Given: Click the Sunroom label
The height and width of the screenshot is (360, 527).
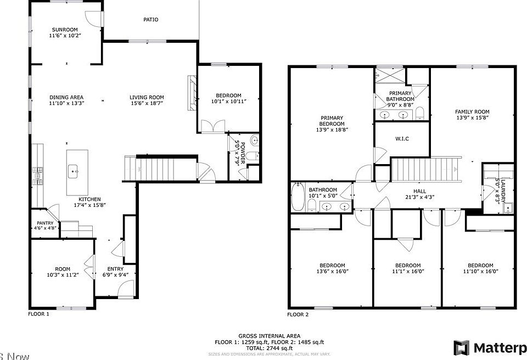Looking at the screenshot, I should [x=65, y=30].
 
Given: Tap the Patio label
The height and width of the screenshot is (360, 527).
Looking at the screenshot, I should [x=151, y=20].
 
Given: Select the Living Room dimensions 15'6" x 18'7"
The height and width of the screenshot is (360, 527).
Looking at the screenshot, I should [x=147, y=103].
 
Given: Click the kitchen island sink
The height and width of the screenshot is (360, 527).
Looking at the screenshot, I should [x=74, y=171].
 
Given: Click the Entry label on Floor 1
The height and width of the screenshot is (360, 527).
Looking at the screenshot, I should [x=115, y=269].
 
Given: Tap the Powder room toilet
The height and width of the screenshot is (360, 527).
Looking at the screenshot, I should [x=254, y=142].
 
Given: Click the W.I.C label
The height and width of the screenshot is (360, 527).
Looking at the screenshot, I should [x=402, y=138].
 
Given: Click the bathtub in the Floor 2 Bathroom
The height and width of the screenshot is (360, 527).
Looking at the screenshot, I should [x=298, y=198].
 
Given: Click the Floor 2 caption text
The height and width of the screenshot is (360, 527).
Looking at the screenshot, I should [x=298, y=315].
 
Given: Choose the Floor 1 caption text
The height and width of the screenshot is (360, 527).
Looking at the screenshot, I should [x=38, y=314].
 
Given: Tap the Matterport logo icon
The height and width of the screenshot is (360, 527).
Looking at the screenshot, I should [x=461, y=348].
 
